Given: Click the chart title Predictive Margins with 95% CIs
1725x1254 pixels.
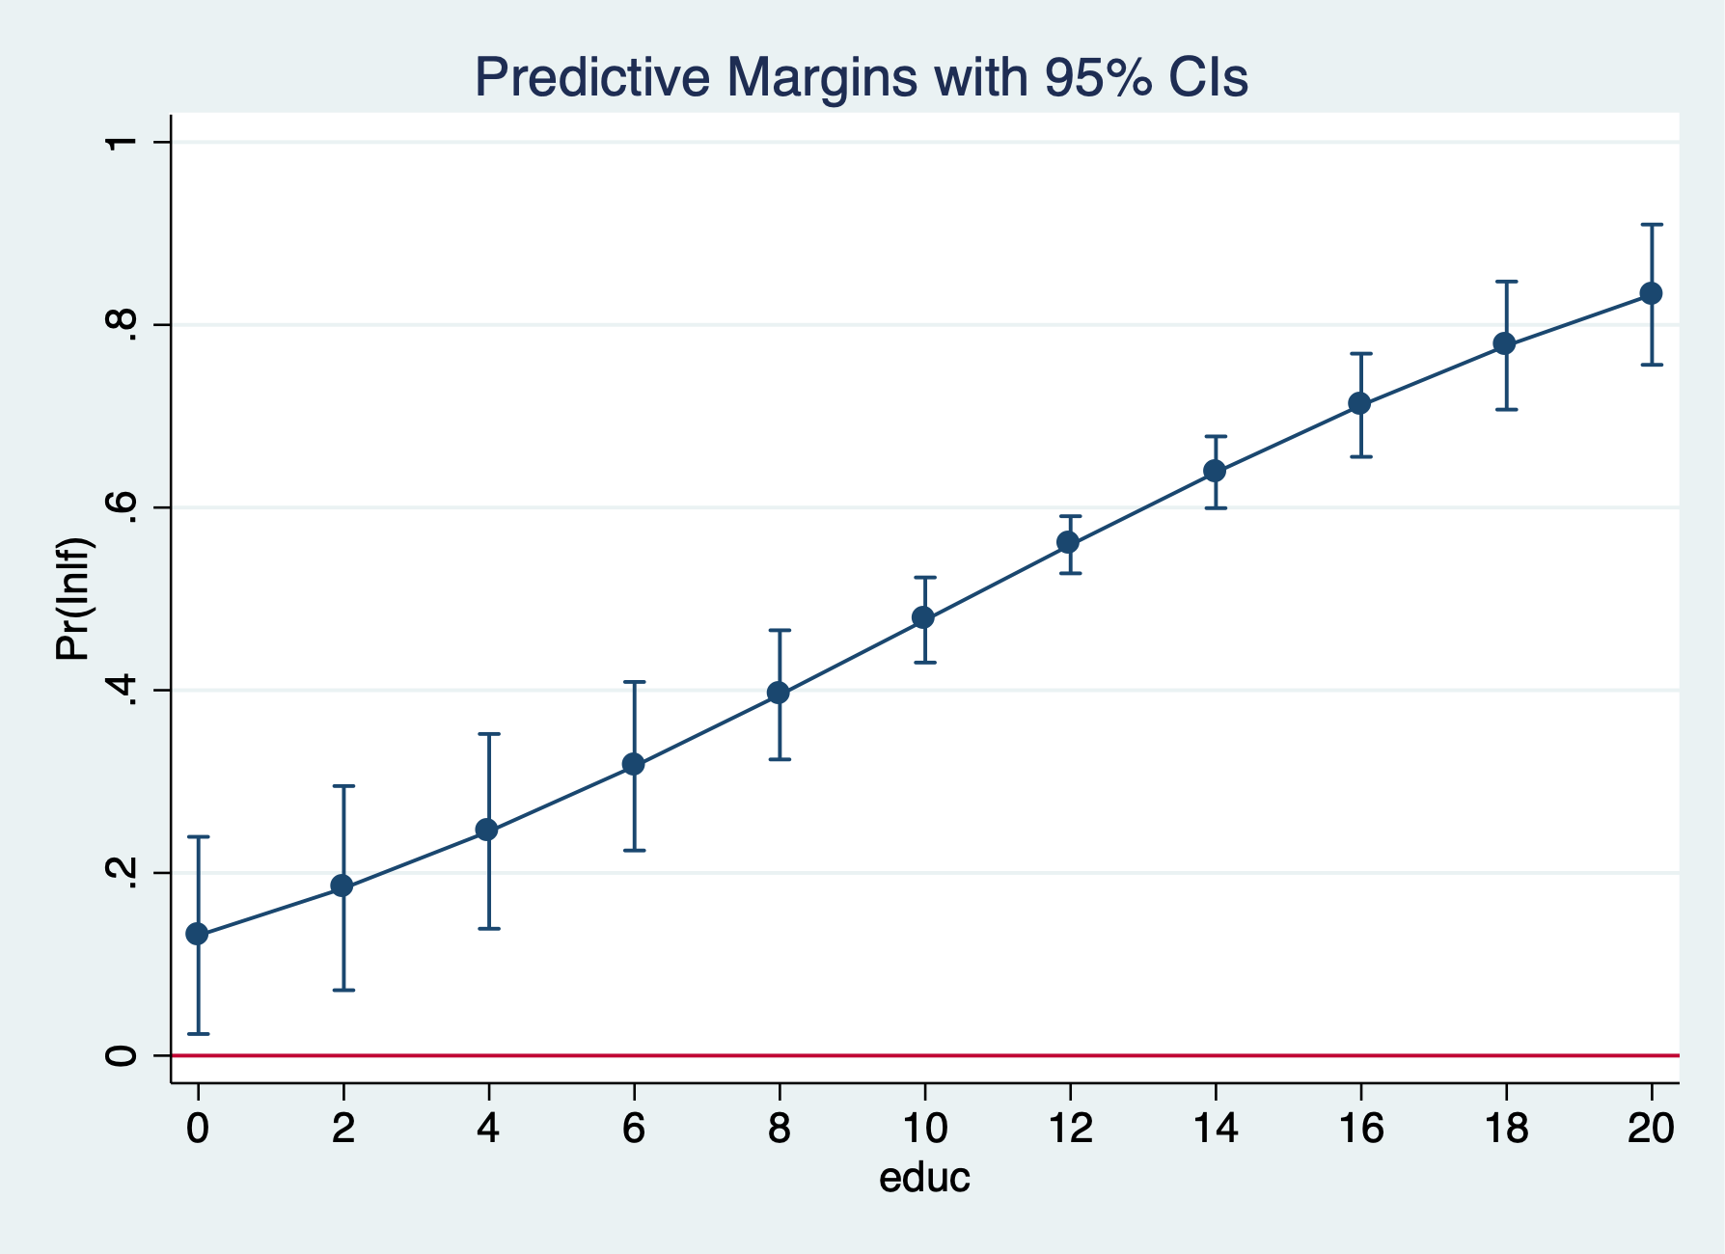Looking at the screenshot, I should coord(862,78).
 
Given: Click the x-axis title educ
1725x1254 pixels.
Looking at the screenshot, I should coord(923,1178).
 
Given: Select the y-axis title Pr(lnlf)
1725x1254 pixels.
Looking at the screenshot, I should coord(73,599).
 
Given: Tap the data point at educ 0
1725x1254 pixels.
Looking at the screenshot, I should coord(198,934).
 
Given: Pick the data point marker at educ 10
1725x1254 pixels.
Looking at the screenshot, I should coord(923,617).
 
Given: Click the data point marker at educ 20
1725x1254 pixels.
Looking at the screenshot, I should coord(1651,293).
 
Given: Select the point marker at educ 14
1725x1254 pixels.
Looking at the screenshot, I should coord(1215,471).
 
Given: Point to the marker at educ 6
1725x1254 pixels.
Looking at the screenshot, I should coord(633,764).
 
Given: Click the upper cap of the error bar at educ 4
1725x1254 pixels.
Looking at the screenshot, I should coord(489,734).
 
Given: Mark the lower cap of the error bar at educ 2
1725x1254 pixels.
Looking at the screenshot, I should coord(343,990).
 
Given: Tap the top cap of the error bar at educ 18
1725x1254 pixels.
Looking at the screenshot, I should coord(1506,282).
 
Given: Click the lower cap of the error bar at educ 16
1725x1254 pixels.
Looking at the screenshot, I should coord(1360,456).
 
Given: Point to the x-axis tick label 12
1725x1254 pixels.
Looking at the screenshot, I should coord(1069,1128).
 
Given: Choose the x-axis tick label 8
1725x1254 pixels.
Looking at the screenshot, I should coord(779,1128).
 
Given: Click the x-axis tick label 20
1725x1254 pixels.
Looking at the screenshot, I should coord(1651,1128).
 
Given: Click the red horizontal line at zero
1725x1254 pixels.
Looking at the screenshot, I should coord(965,1055).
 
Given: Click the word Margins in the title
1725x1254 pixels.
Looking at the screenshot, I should coord(821,78).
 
